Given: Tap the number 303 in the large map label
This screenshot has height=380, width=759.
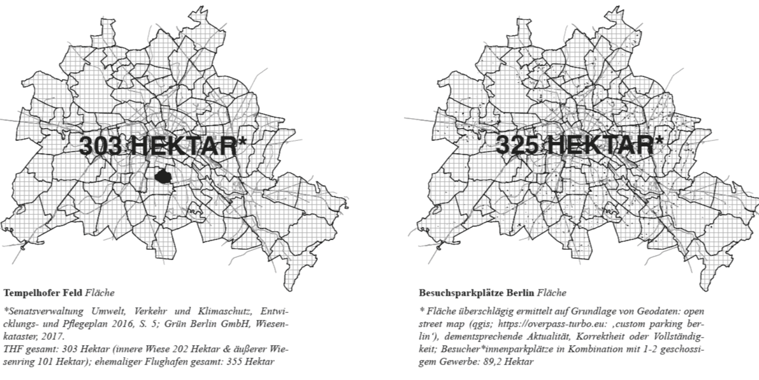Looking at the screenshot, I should point(100,146).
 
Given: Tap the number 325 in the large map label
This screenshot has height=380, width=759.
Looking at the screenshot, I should point(517,145).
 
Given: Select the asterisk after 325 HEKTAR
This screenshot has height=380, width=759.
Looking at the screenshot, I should point(659,139).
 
